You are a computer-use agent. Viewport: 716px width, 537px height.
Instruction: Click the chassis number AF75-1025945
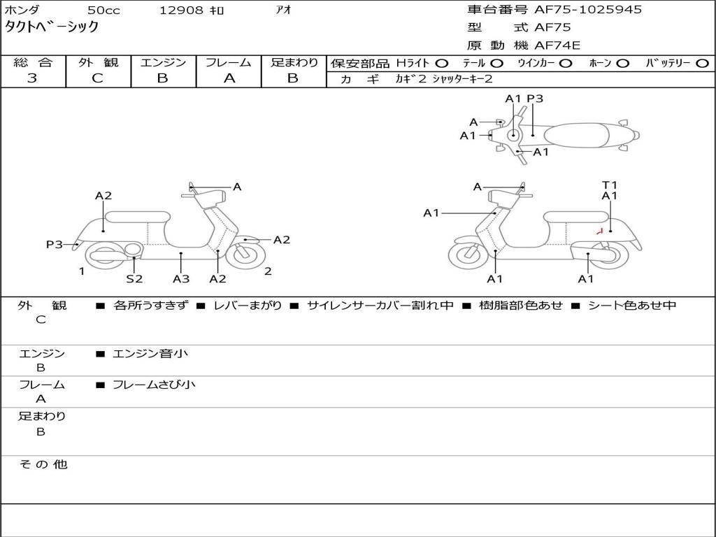(587, 10)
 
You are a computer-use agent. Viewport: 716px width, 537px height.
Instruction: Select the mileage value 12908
(181, 10)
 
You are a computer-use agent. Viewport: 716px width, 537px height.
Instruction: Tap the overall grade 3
(32, 78)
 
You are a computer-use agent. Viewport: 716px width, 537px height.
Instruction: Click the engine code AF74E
(557, 45)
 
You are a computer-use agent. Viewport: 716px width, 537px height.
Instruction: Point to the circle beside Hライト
(442, 64)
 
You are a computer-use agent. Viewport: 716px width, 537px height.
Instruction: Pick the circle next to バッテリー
(702, 64)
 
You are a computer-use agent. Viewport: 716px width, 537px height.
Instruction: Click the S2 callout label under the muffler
(134, 278)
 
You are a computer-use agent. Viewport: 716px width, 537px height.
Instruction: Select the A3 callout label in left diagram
(181, 278)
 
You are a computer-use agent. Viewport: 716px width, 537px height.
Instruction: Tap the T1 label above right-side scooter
(609, 185)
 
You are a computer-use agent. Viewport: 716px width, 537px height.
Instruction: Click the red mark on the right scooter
(600, 231)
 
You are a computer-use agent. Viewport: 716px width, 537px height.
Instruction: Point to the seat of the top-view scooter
(576, 136)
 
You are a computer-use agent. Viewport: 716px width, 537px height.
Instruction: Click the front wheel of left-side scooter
(245, 256)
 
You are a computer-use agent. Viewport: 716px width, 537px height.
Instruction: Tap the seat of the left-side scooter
(138, 217)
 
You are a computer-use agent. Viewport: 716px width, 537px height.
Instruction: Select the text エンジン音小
(150, 353)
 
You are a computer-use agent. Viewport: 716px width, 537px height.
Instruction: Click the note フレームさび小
(154, 385)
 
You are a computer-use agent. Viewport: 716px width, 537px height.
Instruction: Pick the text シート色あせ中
(632, 305)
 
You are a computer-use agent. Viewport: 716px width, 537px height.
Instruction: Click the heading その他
(43, 464)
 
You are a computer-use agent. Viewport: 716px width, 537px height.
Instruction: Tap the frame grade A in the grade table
(229, 78)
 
